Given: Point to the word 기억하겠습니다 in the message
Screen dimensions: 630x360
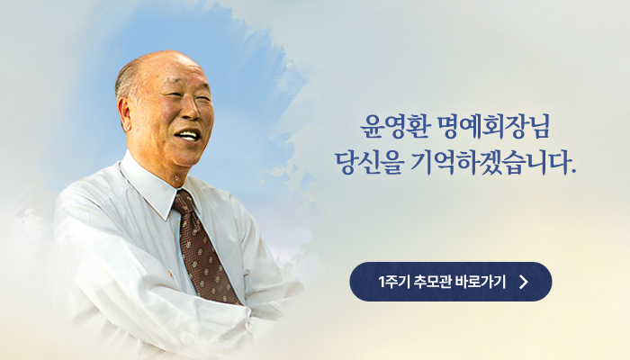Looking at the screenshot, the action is pos(490,162).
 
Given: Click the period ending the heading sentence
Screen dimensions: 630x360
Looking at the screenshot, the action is pos(573,171).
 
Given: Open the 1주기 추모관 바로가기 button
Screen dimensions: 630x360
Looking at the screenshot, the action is pos(450,282).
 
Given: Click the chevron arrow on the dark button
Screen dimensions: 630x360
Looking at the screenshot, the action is pos(523,282).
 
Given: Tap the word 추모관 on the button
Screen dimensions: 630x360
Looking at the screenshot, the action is pos(434,282).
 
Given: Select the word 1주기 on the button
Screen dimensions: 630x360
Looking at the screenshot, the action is pos(394,282).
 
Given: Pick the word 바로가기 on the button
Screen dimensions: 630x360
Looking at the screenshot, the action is pos(481,282).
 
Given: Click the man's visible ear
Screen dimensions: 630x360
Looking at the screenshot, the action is pos(124,112).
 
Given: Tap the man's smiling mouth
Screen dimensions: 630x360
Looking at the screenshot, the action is pos(188,135).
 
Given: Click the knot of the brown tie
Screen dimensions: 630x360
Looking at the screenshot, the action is pos(184,202).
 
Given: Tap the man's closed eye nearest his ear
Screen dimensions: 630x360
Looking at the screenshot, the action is pos(172,95).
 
